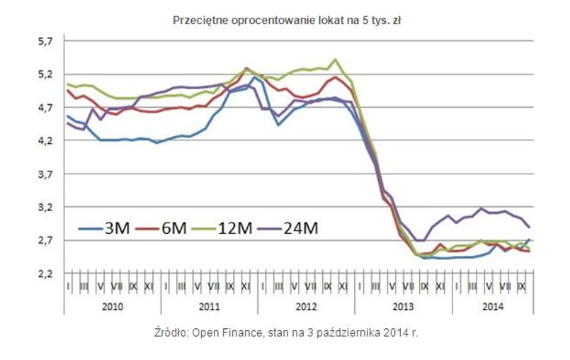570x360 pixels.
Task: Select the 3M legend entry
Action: pyautogui.click(x=107, y=229)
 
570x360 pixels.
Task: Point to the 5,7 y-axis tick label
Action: pyautogui.click(x=46, y=41)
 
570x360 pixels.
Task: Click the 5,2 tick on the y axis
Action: pyautogui.click(x=46, y=74)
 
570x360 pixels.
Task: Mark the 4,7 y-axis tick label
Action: pyautogui.click(x=46, y=108)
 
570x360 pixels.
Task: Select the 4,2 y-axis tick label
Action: pyautogui.click(x=46, y=141)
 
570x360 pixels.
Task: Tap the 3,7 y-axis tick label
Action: pyautogui.click(x=46, y=174)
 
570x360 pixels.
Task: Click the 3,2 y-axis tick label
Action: pyautogui.click(x=46, y=208)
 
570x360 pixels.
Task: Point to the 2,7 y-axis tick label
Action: pyautogui.click(x=46, y=241)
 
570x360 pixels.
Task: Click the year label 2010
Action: pyautogui.click(x=113, y=307)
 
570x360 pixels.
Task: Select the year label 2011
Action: pyautogui.click(x=210, y=307)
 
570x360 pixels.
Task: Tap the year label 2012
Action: pyautogui.click(x=307, y=307)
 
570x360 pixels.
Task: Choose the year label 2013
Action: pyautogui.click(x=404, y=307)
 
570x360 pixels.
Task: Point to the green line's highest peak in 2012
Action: pyautogui.click(x=335, y=60)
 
